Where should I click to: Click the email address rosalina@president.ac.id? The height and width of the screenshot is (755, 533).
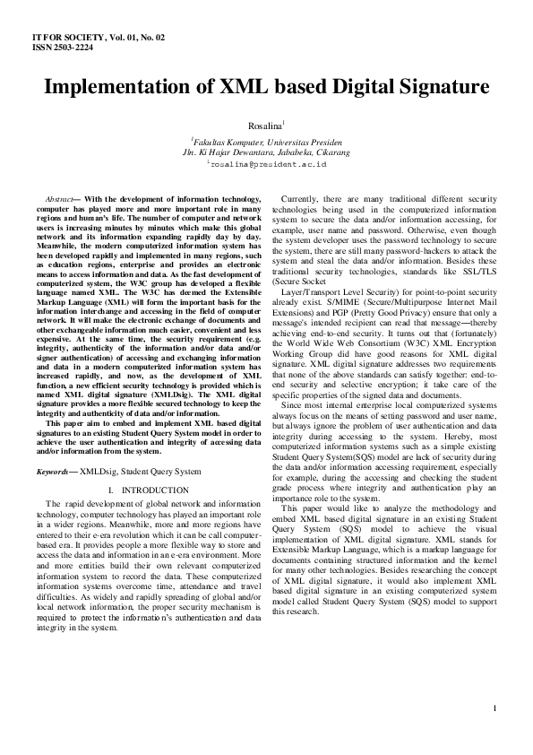tap(268, 165)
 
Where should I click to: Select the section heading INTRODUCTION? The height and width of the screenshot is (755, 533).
tap(155, 490)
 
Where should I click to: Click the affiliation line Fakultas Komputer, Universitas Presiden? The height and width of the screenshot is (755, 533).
tap(268, 143)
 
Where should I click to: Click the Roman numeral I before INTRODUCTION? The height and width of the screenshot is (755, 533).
tap(107, 490)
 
